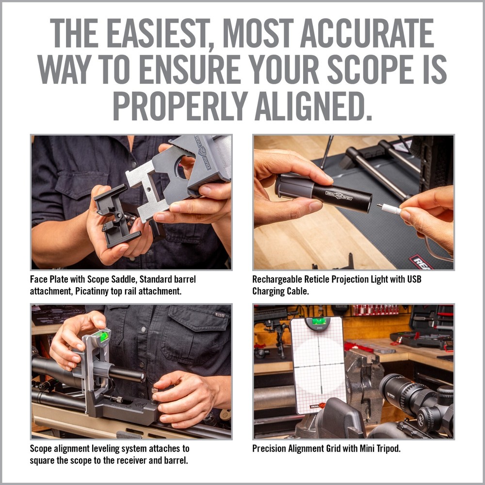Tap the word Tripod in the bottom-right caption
click(386, 449)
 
